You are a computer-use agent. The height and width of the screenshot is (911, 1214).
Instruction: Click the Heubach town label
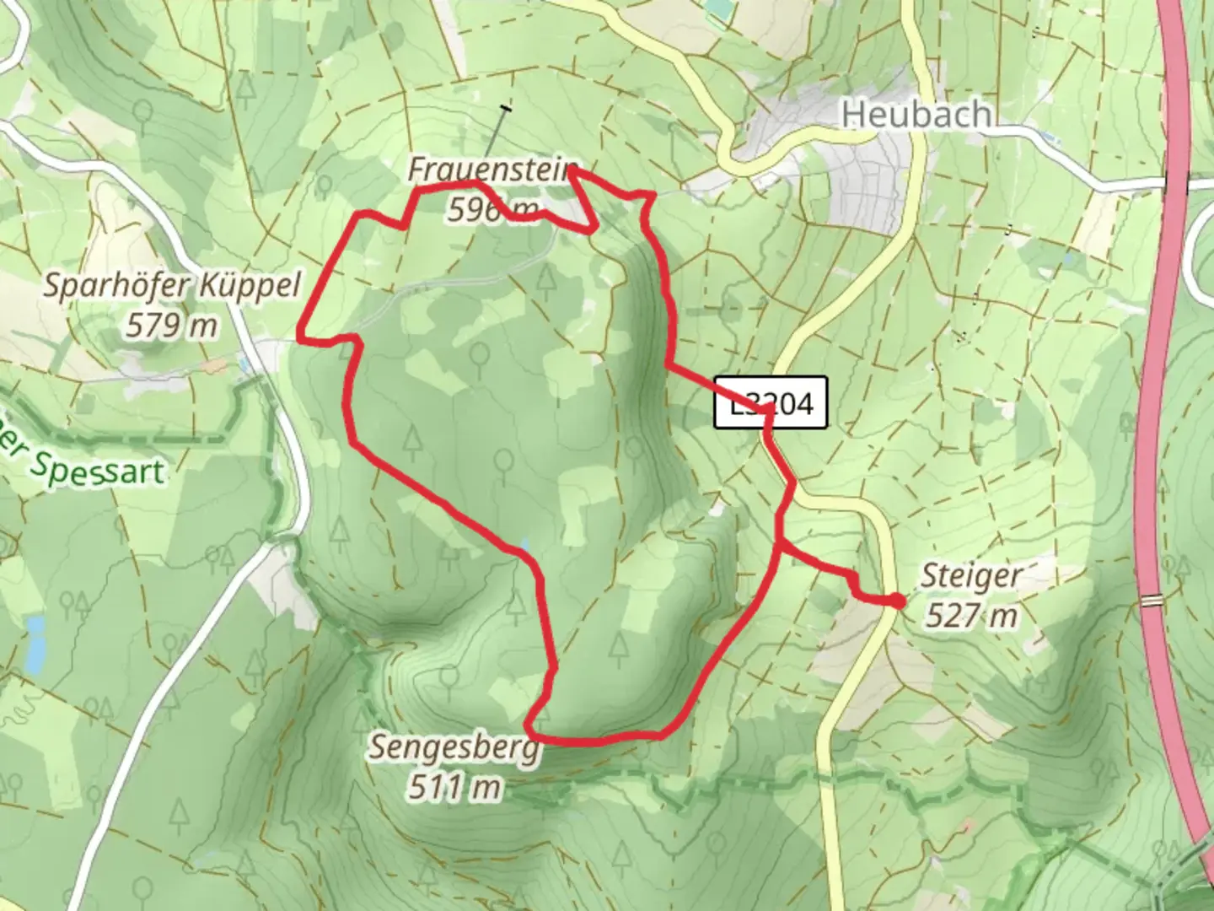pyautogui.click(x=916, y=114)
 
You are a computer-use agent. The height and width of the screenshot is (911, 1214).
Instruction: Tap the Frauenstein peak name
pyautogui.click(x=492, y=169)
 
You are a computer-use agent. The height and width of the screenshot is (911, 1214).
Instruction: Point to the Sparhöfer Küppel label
pyautogui.click(x=172, y=286)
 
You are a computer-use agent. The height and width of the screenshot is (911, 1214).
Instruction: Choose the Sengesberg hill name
pyautogui.click(x=454, y=747)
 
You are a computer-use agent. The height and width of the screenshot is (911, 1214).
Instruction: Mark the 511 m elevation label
pyautogui.click(x=454, y=786)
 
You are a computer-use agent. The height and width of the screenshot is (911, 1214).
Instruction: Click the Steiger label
pyautogui.click(x=970, y=576)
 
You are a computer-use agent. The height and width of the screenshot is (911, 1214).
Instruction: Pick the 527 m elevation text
pyautogui.click(x=970, y=616)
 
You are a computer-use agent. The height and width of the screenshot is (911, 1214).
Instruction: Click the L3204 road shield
pyautogui.click(x=770, y=402)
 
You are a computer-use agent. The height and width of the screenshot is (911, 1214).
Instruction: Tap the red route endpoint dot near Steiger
pyautogui.click(x=897, y=601)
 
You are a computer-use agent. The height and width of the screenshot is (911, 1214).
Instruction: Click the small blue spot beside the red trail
pyautogui.click(x=526, y=545)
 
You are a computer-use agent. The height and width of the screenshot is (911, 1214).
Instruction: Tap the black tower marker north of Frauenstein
pyautogui.click(x=505, y=108)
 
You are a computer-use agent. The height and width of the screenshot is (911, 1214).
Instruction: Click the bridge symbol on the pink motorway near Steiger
pyautogui.click(x=1151, y=600)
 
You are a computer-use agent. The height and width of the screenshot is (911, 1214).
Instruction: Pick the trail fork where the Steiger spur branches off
pyautogui.click(x=777, y=546)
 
